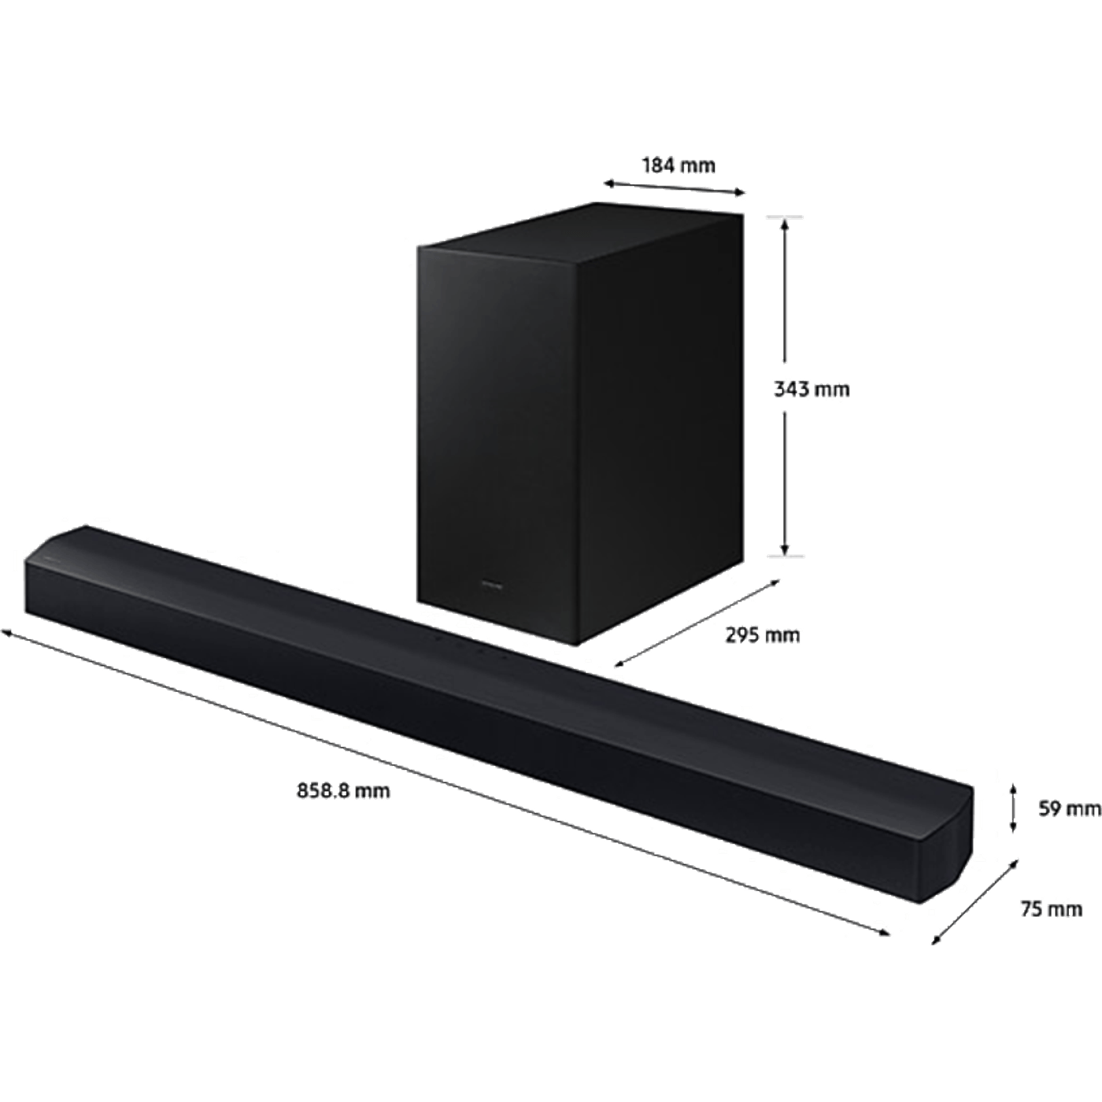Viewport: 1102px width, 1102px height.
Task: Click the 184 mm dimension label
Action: click(679, 166)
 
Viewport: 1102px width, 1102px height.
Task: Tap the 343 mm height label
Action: click(812, 390)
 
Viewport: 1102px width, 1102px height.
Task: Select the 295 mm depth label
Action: click(762, 634)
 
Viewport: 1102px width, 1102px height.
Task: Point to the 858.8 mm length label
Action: click(343, 791)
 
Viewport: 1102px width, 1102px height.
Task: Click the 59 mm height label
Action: click(1070, 808)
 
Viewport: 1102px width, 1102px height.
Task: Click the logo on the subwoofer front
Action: click(493, 585)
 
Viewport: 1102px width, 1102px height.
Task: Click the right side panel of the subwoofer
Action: click(660, 429)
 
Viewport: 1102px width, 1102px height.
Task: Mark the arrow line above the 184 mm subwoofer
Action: click(675, 188)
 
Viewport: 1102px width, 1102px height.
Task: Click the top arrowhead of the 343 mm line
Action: click(786, 224)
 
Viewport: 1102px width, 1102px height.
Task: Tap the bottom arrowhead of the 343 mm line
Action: click(786, 549)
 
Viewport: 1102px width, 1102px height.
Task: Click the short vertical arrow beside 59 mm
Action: click(1013, 808)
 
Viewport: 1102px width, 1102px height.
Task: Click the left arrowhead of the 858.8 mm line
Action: click(7, 632)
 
